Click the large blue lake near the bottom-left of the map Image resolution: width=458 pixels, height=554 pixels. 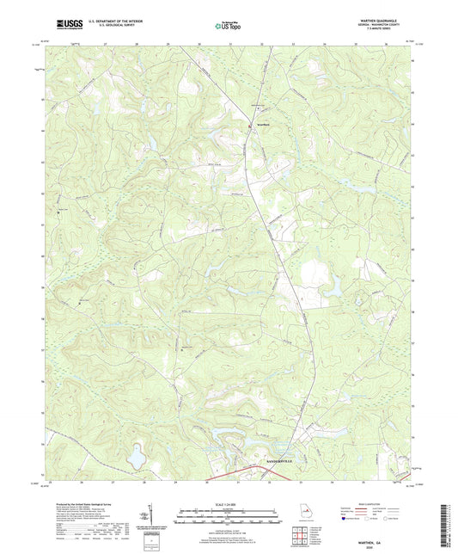(136, 461)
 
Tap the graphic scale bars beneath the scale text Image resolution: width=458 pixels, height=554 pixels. (228, 517)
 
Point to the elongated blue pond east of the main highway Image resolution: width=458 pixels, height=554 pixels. (330, 292)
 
